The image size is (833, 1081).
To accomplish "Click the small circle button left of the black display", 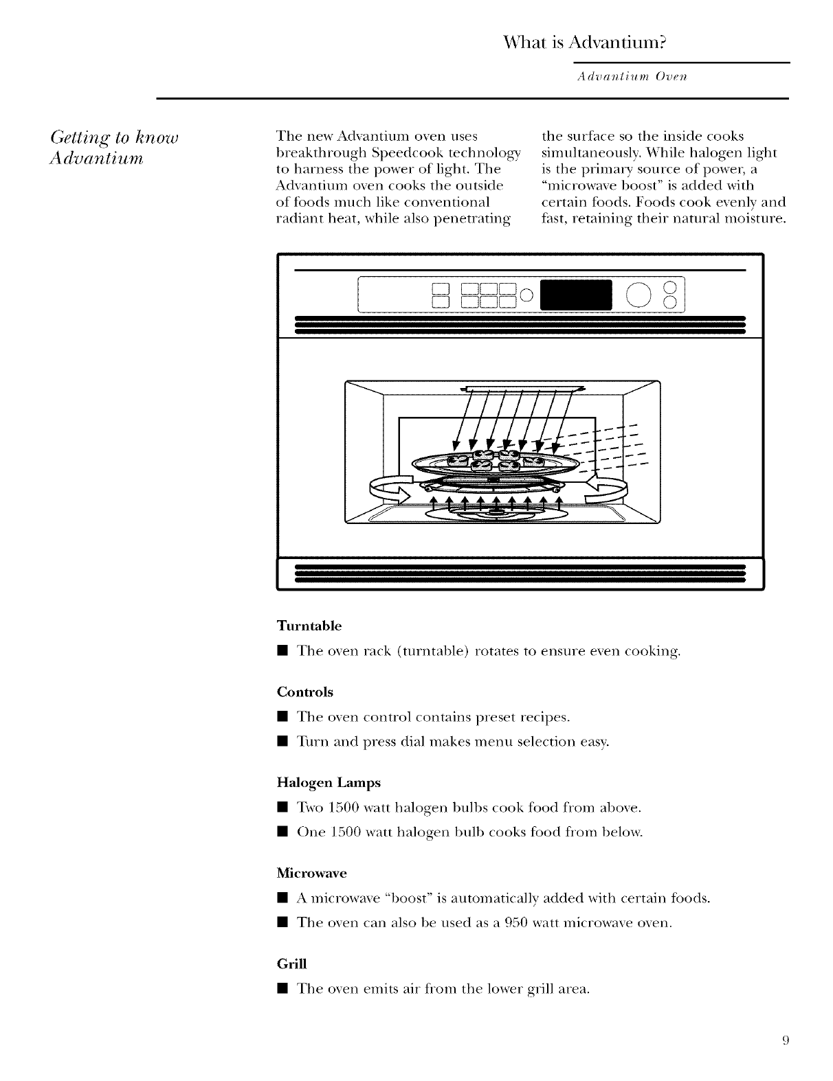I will tap(526, 296).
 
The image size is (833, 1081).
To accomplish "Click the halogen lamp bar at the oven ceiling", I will tap(519, 389).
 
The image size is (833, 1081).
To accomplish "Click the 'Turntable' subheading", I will tap(309, 626).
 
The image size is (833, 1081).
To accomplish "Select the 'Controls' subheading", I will tap(304, 692).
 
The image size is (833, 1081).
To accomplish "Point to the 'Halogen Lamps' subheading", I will tap(328, 782).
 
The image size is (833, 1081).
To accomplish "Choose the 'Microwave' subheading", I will tap(311, 873).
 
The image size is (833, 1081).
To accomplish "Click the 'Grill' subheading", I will tap(290, 964).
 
